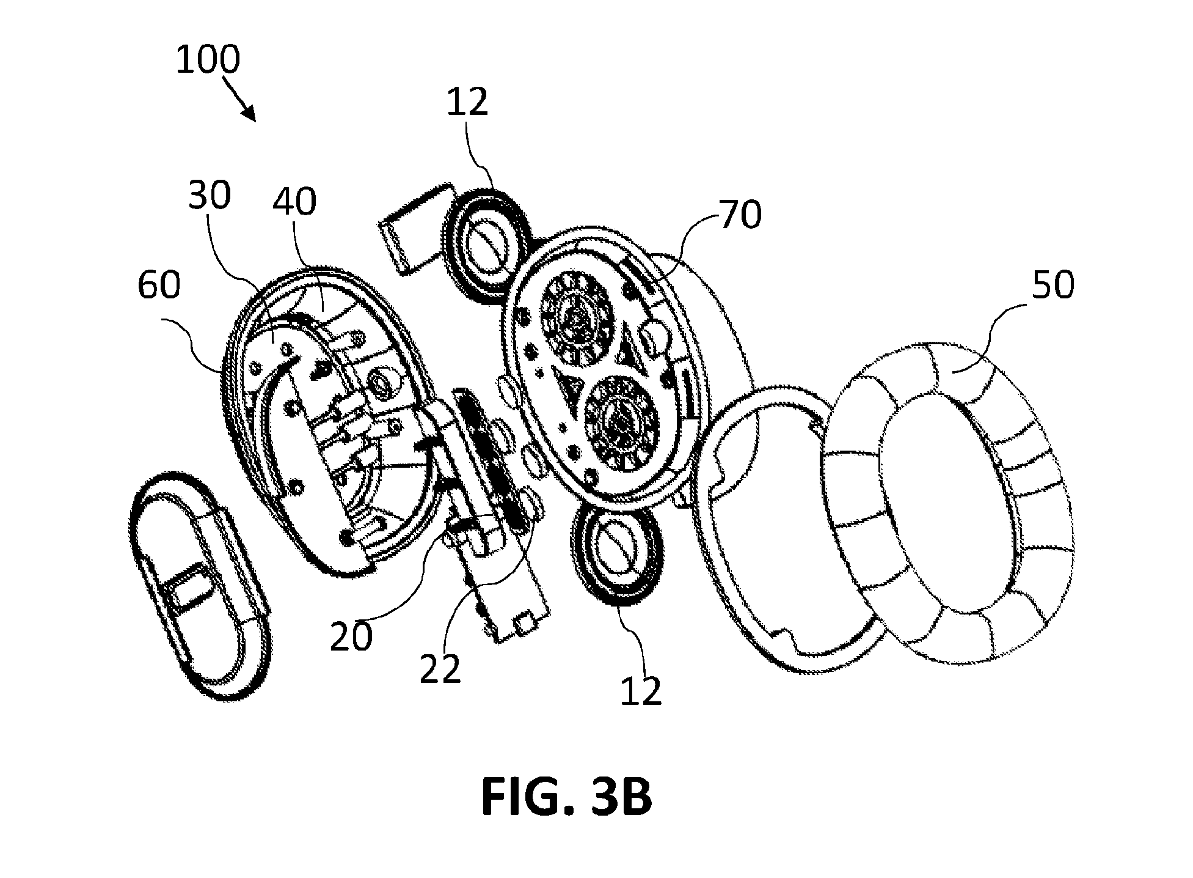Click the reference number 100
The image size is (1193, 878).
[208, 60]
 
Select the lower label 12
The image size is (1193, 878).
[641, 691]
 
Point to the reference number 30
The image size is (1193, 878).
[210, 195]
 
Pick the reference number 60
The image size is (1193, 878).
[159, 285]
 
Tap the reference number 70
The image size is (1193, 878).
[740, 215]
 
